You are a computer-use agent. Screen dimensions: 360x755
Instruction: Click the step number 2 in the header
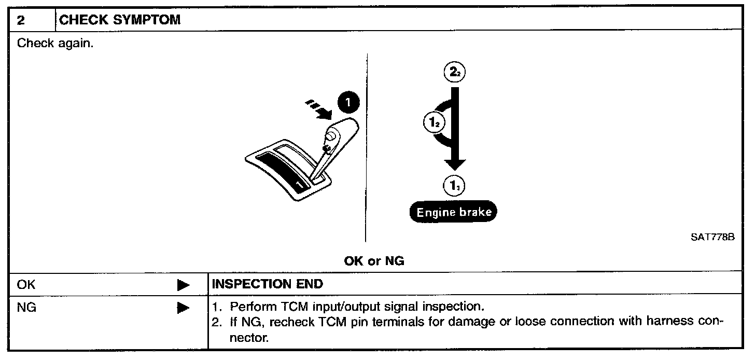click(x=21, y=21)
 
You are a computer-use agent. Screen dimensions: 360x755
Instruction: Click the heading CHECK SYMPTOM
click(x=120, y=21)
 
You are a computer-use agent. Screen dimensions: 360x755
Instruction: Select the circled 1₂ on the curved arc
click(x=433, y=123)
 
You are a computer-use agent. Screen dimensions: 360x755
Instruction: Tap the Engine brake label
click(x=453, y=212)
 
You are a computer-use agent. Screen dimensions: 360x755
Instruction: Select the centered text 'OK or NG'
click(x=374, y=261)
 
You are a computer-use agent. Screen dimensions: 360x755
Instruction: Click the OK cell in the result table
click(x=26, y=284)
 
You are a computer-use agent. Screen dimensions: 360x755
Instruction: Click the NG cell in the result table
click(x=26, y=308)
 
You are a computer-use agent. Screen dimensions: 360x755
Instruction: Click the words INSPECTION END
click(x=268, y=284)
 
